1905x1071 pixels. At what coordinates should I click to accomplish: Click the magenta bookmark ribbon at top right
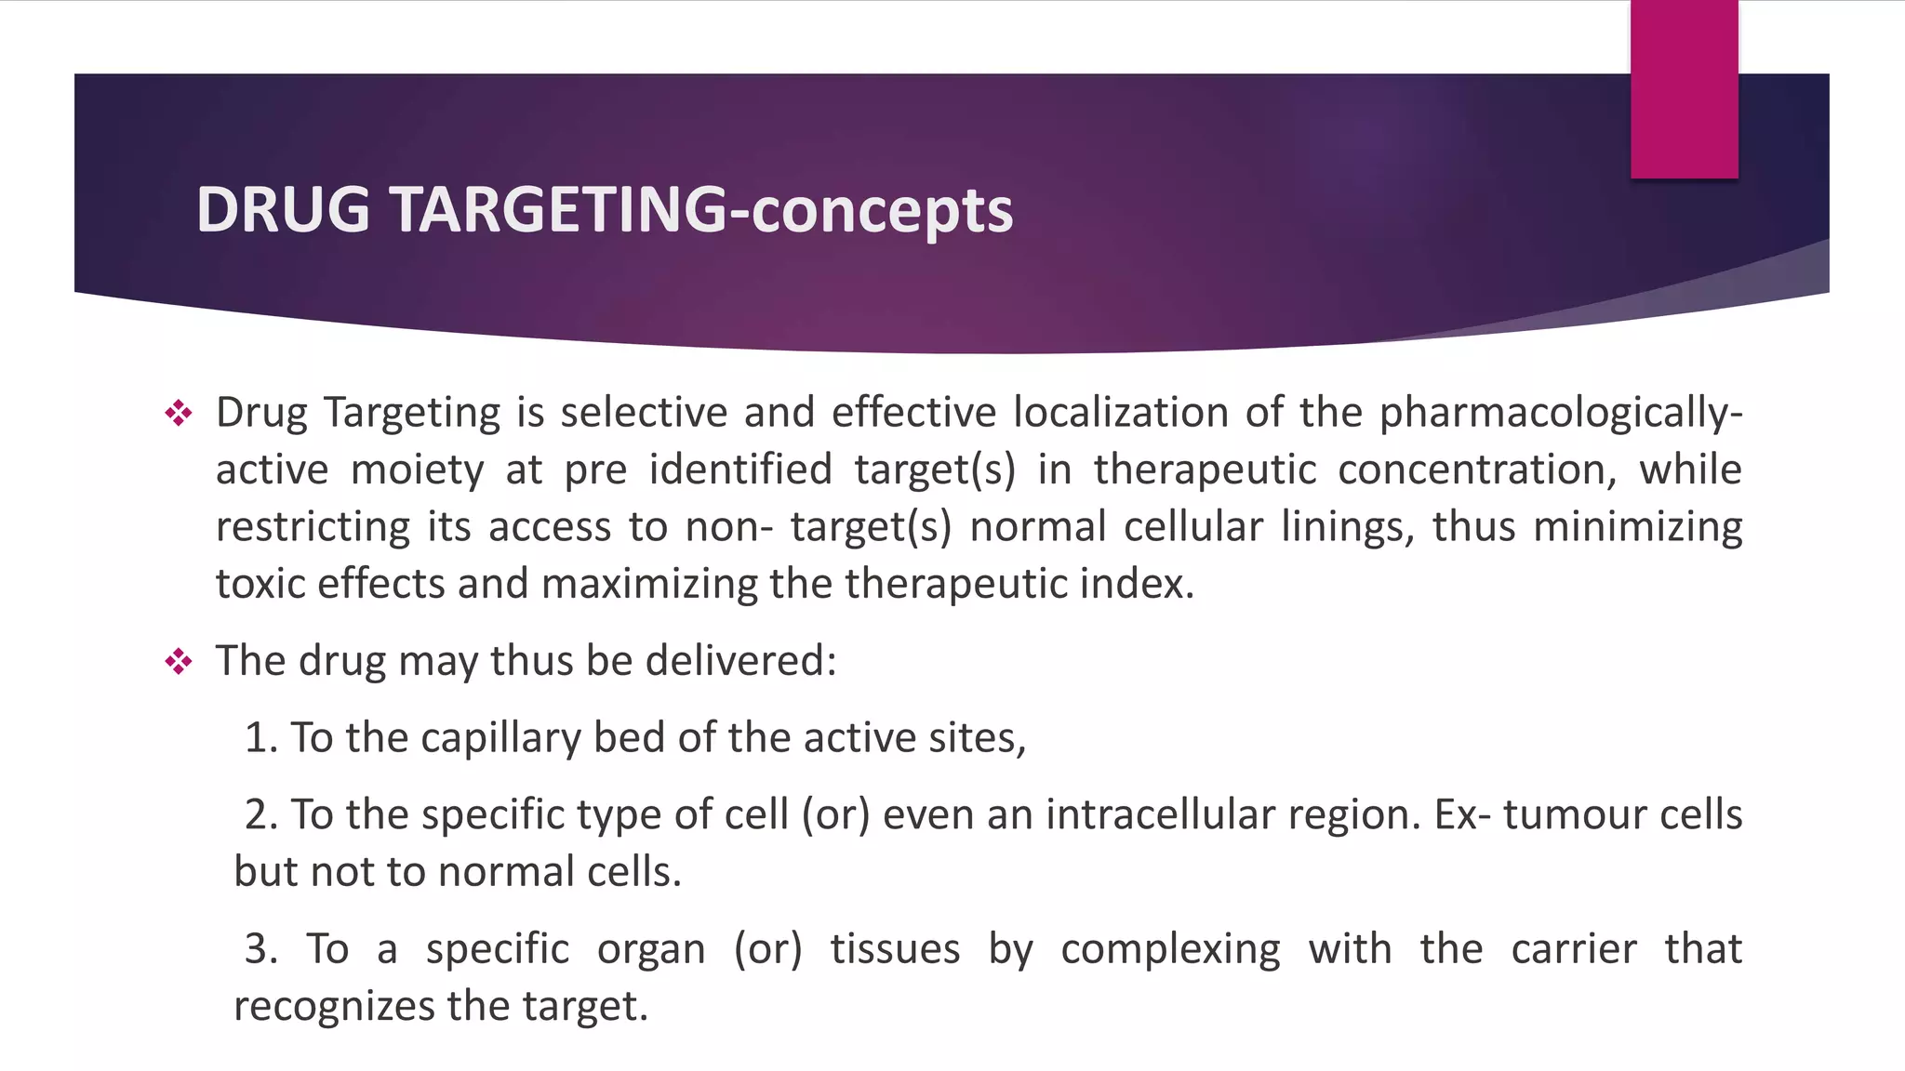(x=1684, y=89)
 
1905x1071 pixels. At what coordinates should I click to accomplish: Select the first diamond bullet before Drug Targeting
(x=178, y=413)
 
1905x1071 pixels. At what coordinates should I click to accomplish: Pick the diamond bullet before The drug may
(x=178, y=662)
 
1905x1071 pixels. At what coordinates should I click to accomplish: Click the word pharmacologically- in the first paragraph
(x=1560, y=414)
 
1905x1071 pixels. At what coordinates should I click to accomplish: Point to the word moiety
(x=417, y=469)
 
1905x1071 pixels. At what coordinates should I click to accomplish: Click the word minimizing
(x=1637, y=527)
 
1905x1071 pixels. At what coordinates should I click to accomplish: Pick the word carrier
(x=1573, y=949)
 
